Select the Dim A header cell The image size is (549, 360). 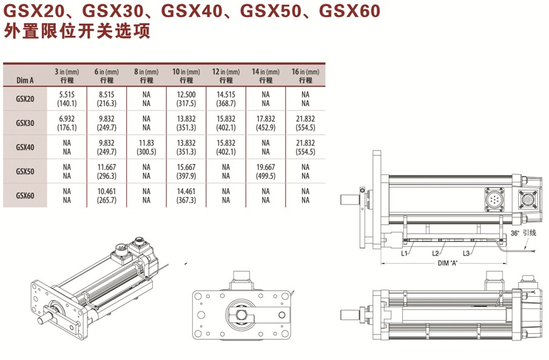(x=25, y=80)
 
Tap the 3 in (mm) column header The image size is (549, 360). (x=67, y=76)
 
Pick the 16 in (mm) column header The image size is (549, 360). (x=305, y=76)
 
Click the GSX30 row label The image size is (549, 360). (x=25, y=123)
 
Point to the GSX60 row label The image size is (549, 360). (x=25, y=195)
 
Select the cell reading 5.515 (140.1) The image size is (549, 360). (x=67, y=99)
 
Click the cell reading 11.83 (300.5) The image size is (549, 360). (x=146, y=148)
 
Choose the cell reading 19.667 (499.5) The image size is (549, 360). (x=266, y=171)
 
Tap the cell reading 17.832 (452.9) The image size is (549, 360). (x=266, y=123)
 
